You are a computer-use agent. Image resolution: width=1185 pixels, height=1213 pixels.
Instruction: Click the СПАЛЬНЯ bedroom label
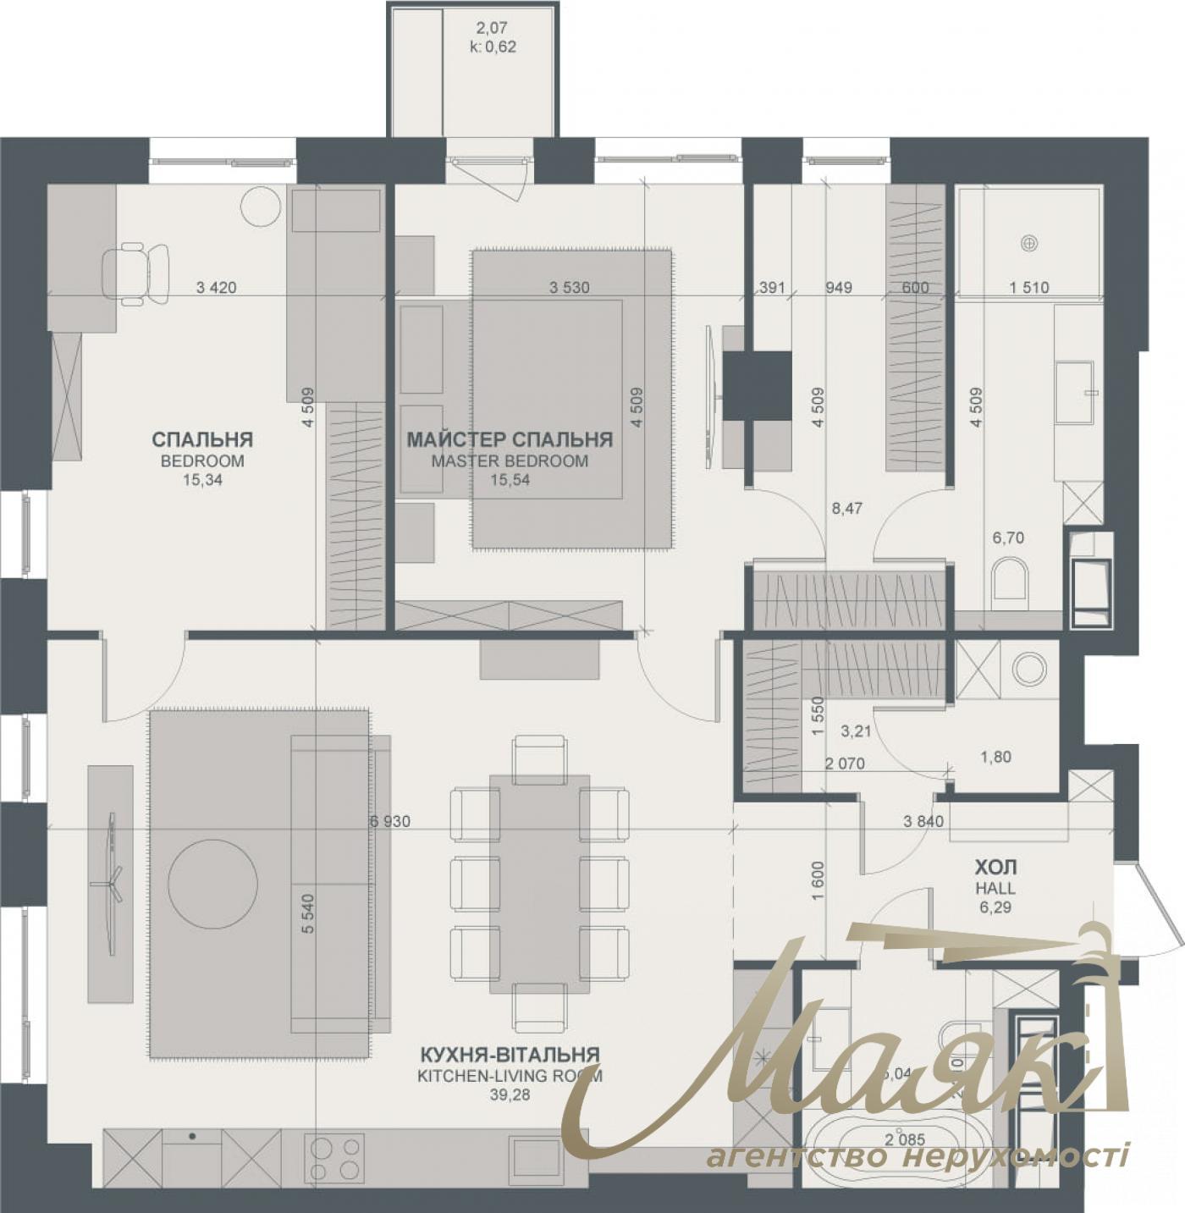(x=202, y=440)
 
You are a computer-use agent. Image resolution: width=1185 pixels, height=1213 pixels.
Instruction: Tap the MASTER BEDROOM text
(x=509, y=462)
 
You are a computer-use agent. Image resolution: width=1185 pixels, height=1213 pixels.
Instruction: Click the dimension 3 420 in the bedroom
(x=216, y=288)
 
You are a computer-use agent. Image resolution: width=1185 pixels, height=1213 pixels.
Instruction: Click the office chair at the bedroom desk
(x=135, y=273)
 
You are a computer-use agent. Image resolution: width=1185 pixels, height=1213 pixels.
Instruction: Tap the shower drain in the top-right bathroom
(x=1028, y=243)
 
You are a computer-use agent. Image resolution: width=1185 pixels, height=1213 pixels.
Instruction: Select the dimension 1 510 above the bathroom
(x=1028, y=288)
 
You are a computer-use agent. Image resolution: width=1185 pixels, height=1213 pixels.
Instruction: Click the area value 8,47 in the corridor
(x=846, y=509)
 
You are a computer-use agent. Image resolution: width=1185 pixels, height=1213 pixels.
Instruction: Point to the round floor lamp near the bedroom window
(x=261, y=206)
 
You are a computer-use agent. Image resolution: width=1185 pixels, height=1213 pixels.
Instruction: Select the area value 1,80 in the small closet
(x=995, y=757)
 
